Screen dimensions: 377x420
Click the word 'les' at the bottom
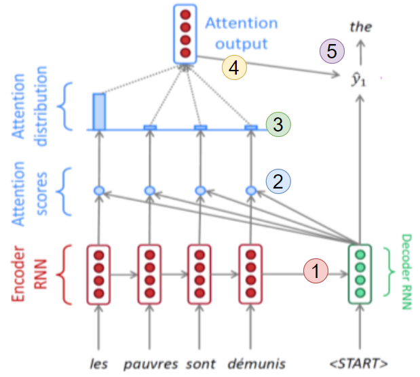99,363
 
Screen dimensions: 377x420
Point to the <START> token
360,363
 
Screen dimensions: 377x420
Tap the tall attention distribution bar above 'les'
99,111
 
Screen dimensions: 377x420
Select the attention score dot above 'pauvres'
149,191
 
